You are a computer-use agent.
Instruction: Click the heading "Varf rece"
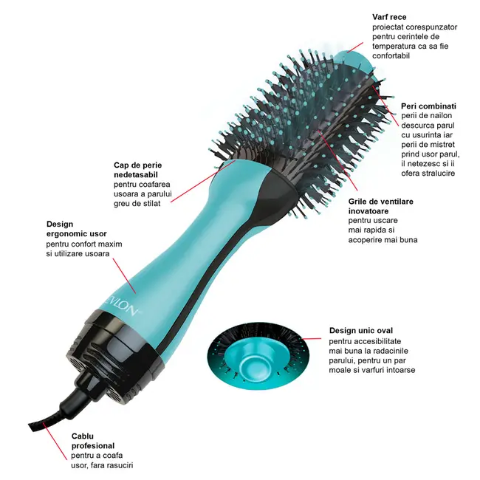(x=389, y=16)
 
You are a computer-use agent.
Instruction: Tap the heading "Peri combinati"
(x=428, y=106)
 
